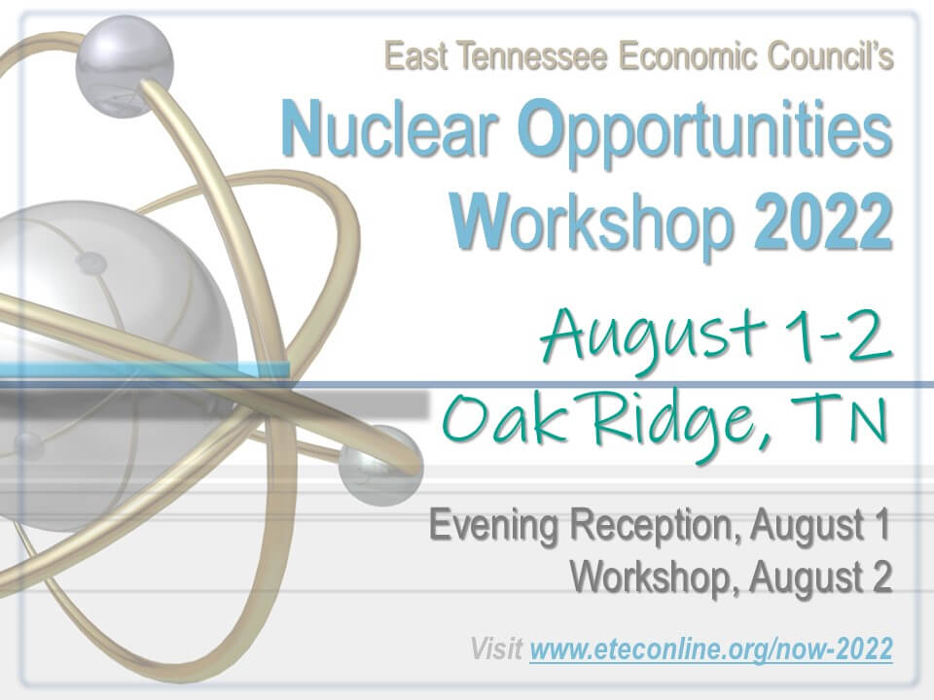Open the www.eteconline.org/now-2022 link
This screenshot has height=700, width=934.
tap(711, 648)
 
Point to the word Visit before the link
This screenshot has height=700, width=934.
tap(496, 648)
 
